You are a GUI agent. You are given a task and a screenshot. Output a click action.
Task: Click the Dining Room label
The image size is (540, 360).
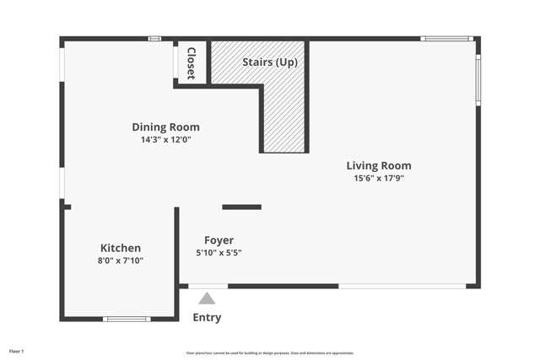coord(165,127)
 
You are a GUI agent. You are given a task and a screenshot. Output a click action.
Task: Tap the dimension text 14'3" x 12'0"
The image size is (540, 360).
coord(165,140)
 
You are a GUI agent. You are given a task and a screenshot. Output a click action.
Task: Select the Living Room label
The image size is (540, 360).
coord(379,165)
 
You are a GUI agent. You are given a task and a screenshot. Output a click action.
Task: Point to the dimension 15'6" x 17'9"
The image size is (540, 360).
coord(379,178)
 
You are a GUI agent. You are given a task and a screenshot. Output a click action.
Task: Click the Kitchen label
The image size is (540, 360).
coord(121,248)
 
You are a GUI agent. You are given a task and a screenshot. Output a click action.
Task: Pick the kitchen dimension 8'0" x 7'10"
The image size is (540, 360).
coord(121,261)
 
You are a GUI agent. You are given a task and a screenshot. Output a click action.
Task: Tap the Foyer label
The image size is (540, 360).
coord(219,240)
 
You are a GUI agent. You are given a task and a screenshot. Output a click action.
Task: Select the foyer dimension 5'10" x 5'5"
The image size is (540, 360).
coord(219,253)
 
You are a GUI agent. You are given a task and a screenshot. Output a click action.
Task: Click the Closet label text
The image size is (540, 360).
coord(192,62)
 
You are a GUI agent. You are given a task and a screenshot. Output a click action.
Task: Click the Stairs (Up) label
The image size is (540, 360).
coord(269,62)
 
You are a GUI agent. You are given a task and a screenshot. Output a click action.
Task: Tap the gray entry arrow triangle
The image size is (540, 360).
coord(207,298)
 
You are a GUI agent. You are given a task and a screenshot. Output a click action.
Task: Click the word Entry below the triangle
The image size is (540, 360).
coord(207,318)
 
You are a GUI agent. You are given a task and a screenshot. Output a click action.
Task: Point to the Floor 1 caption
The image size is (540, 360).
coord(17,351)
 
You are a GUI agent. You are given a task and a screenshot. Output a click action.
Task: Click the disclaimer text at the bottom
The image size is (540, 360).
coord(269,353)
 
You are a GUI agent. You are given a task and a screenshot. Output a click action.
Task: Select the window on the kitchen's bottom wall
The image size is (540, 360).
coord(127,319)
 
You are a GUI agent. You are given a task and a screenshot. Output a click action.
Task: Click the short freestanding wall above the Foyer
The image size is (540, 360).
coord(241,207)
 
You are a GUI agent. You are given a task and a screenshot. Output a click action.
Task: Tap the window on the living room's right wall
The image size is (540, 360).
coord(478,80)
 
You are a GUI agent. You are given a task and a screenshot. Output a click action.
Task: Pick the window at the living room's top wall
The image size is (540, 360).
coord(446,38)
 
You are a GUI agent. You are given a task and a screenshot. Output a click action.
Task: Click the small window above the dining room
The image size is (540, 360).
coord(154,38)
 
